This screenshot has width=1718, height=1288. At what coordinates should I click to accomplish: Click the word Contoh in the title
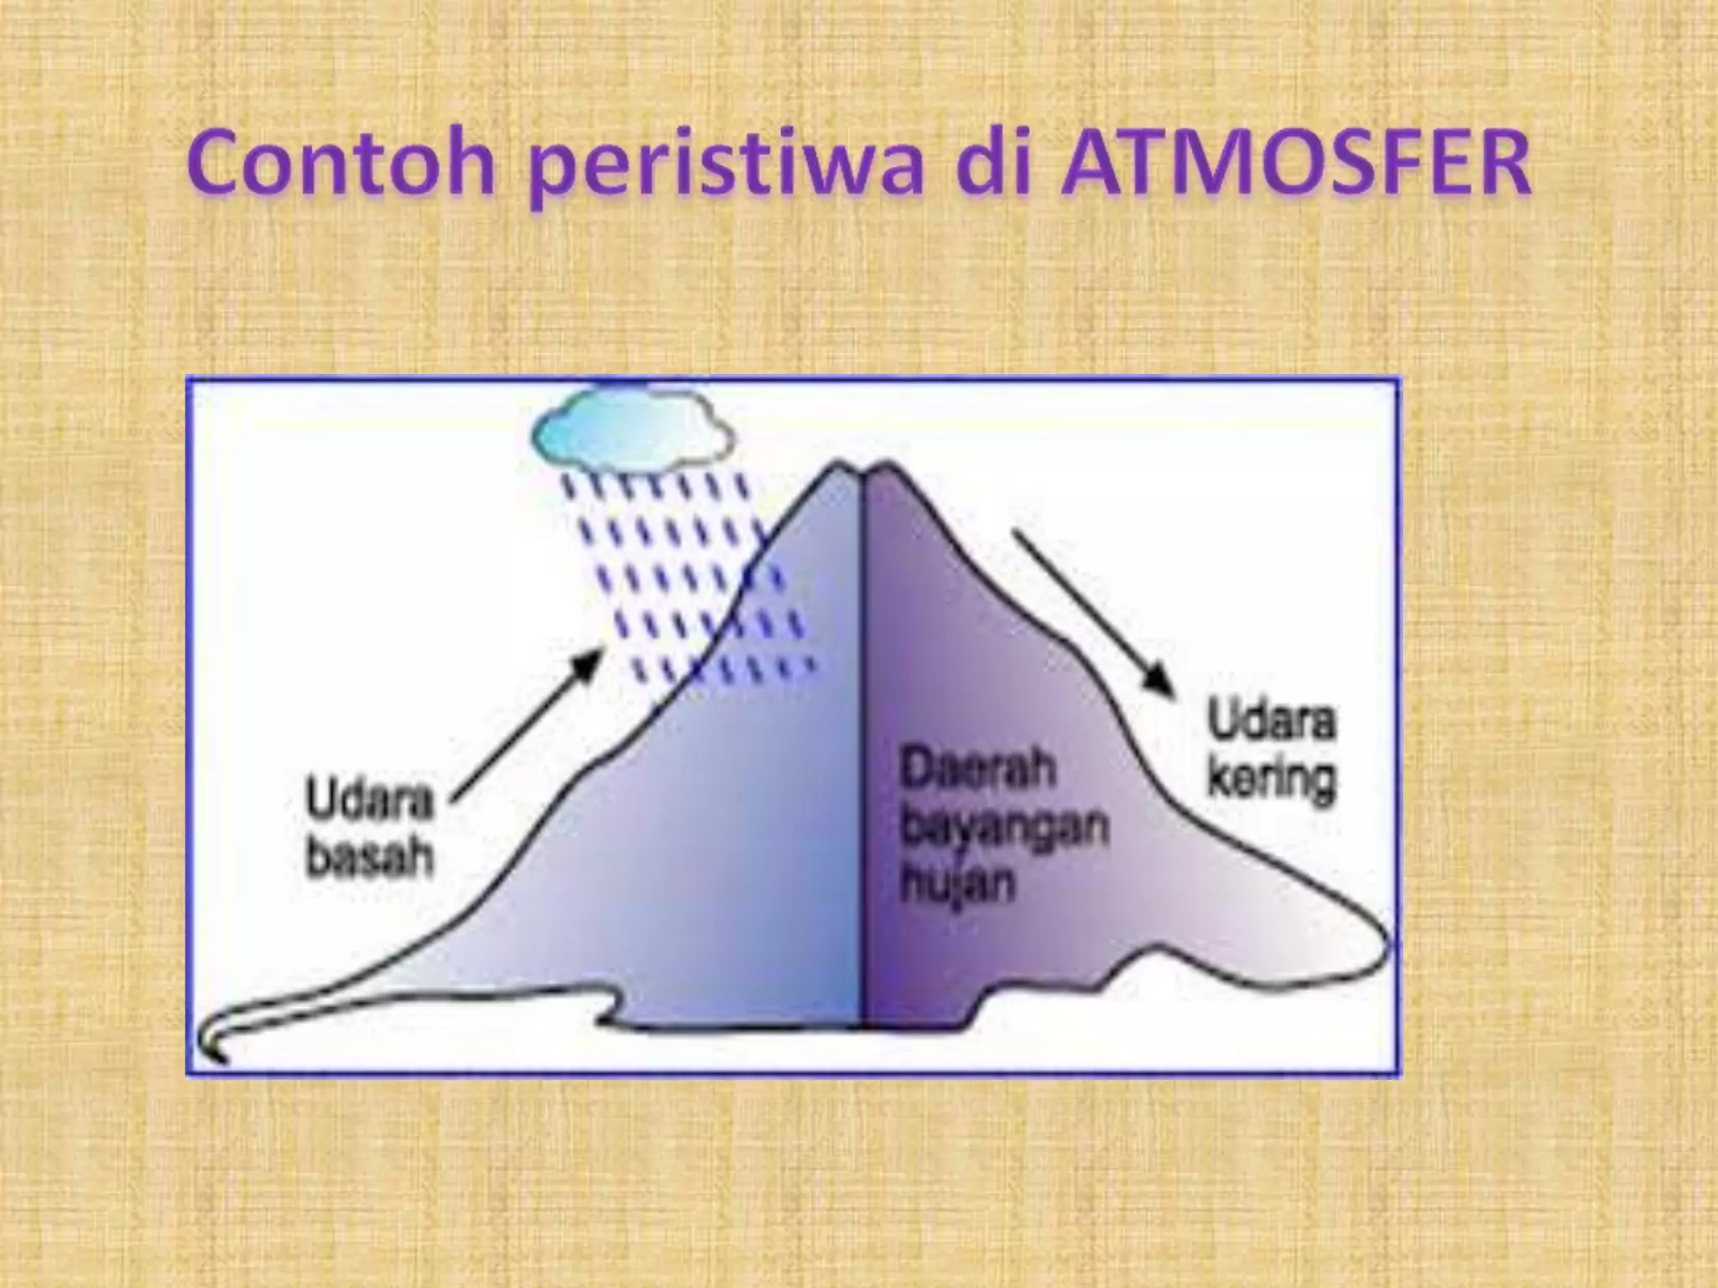[x=341, y=164]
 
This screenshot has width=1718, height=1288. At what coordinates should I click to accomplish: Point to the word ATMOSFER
[x=1296, y=164]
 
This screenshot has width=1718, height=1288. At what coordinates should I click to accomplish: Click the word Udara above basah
[x=369, y=799]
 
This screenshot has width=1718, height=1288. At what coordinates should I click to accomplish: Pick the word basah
[x=370, y=856]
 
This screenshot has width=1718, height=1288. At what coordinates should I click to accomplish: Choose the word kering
[x=1271, y=782]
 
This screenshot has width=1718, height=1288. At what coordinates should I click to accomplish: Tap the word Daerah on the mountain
[x=976, y=770]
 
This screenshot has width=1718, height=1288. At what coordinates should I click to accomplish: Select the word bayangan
[x=1003, y=825]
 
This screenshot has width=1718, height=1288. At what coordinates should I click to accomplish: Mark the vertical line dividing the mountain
[x=862, y=755]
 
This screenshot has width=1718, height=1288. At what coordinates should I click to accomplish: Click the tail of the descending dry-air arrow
[x=1018, y=532]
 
